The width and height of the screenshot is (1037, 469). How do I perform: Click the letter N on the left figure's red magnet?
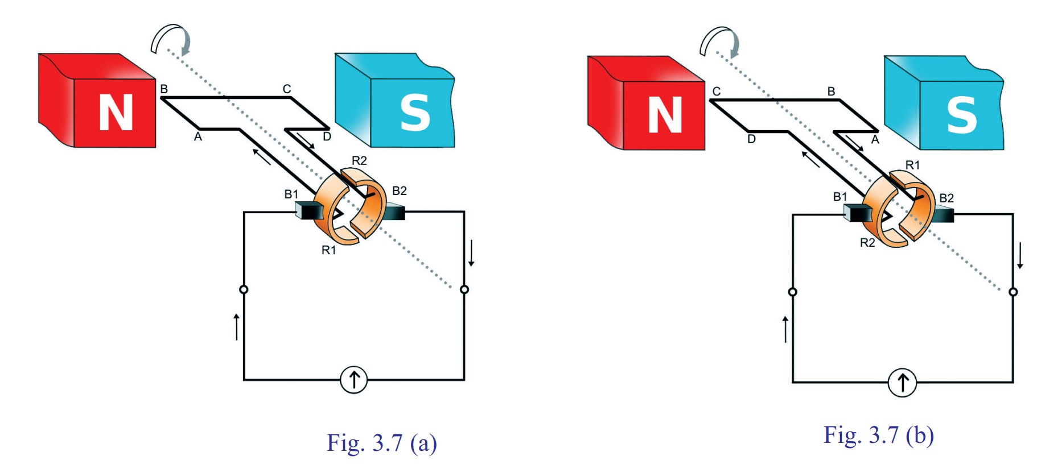(x=116, y=113)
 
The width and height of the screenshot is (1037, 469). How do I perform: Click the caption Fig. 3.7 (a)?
(x=381, y=443)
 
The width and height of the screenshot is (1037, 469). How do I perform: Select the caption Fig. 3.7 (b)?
(x=878, y=435)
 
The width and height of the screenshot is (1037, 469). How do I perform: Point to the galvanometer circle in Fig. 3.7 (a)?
(x=353, y=379)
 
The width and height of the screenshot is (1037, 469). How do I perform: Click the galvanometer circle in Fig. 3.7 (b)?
(x=902, y=382)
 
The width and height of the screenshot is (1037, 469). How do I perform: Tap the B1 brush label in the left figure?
(x=291, y=194)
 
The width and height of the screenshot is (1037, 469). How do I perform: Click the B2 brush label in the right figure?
(x=947, y=198)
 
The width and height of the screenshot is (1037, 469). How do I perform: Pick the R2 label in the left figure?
(x=359, y=161)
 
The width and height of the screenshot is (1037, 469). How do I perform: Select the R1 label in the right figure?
(x=912, y=165)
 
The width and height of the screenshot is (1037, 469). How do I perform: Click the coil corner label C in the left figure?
(x=287, y=89)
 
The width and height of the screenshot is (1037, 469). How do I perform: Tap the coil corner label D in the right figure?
(x=751, y=139)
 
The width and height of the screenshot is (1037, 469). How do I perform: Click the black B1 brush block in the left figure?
(x=308, y=211)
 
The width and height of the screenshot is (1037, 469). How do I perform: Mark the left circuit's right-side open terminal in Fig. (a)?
(x=464, y=289)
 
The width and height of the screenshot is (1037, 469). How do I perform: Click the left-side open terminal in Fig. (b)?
(x=792, y=292)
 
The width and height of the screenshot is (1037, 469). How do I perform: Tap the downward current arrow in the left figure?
(x=471, y=254)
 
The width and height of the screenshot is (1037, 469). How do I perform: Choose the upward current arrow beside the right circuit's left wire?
(x=785, y=329)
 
